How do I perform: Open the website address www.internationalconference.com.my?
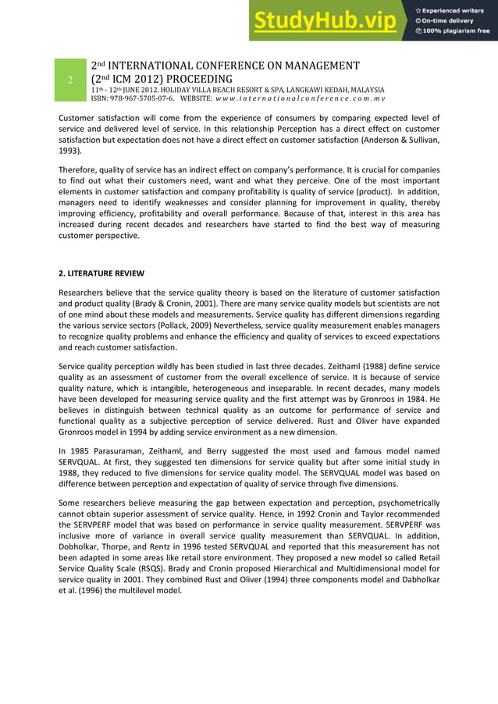click(301, 99)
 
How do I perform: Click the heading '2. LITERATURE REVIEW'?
click(101, 273)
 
